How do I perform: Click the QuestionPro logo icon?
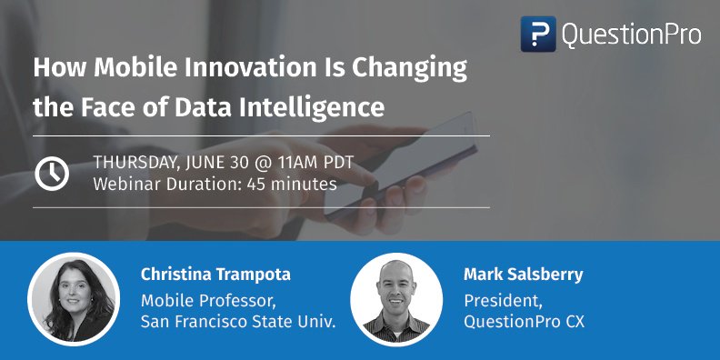tap(538, 34)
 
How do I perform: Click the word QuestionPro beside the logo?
tap(631, 35)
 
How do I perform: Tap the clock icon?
tap(52, 173)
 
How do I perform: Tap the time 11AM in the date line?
tap(295, 164)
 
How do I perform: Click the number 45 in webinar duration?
tap(246, 184)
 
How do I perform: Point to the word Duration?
tap(192, 184)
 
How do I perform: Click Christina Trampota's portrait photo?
tap(74, 297)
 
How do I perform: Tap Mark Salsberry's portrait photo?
tap(395, 297)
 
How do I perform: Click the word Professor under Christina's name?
tap(235, 300)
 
